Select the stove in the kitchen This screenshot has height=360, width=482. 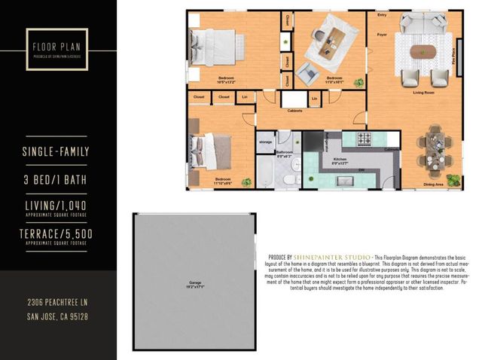(x=365, y=139)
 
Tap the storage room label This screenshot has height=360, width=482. (x=265, y=141)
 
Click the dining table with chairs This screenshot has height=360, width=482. (x=435, y=148)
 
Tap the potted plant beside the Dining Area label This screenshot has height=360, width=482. (x=453, y=180)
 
